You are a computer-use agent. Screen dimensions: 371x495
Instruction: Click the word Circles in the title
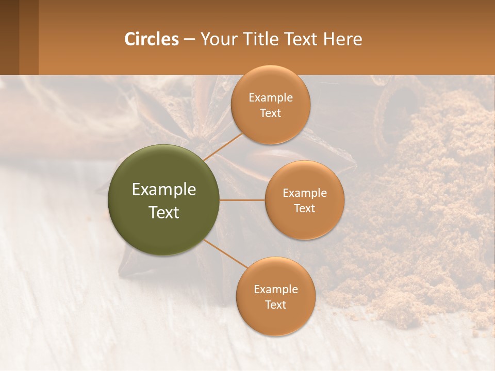pyautogui.click(x=152, y=39)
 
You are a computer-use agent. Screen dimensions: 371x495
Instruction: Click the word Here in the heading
pyautogui.click(x=343, y=39)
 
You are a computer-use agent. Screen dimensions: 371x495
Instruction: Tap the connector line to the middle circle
pyautogui.click(x=242, y=200)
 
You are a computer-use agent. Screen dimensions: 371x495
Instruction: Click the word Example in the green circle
pyautogui.click(x=164, y=190)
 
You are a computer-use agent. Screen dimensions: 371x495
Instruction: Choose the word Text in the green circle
pyautogui.click(x=164, y=212)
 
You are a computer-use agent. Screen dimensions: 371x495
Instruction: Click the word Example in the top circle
pyautogui.click(x=270, y=98)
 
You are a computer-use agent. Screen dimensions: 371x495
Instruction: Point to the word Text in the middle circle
pyautogui.click(x=304, y=209)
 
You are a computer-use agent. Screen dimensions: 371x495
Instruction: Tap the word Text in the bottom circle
pyautogui.click(x=275, y=305)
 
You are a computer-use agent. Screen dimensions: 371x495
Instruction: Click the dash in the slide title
pyautogui.click(x=189, y=40)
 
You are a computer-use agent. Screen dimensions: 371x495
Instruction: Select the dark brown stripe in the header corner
pyautogui.click(x=9, y=37)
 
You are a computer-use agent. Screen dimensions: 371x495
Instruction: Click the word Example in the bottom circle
pyautogui.click(x=275, y=289)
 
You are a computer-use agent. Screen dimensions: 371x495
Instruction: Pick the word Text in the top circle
pyautogui.click(x=270, y=113)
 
